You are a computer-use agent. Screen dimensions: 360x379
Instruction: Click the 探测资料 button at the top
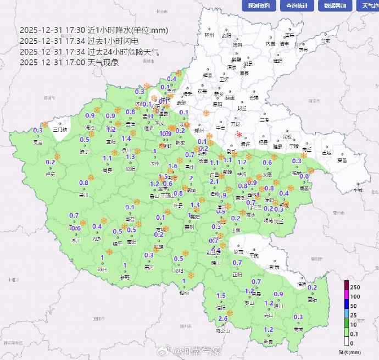coord(259,6)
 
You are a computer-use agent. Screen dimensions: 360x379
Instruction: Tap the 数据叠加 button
coord(335,6)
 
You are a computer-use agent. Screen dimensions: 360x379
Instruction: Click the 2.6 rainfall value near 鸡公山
coord(223,319)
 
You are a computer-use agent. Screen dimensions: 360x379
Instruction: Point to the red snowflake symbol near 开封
coord(239,135)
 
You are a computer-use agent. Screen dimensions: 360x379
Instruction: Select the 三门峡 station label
coord(60,130)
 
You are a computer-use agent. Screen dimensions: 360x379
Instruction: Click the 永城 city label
coord(358,190)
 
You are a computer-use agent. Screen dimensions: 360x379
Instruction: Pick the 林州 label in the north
coord(209,35)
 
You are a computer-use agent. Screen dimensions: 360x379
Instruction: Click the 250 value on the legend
coord(356,288)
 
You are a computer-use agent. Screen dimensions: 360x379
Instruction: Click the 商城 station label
coord(298,329)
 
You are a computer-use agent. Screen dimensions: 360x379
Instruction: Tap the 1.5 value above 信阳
coord(221,296)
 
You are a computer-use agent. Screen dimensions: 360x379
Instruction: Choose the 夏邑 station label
coord(342,160)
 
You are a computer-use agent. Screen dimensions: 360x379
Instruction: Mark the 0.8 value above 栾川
coord(84,183)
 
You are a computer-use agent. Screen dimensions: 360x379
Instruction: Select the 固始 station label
coord(312,300)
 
